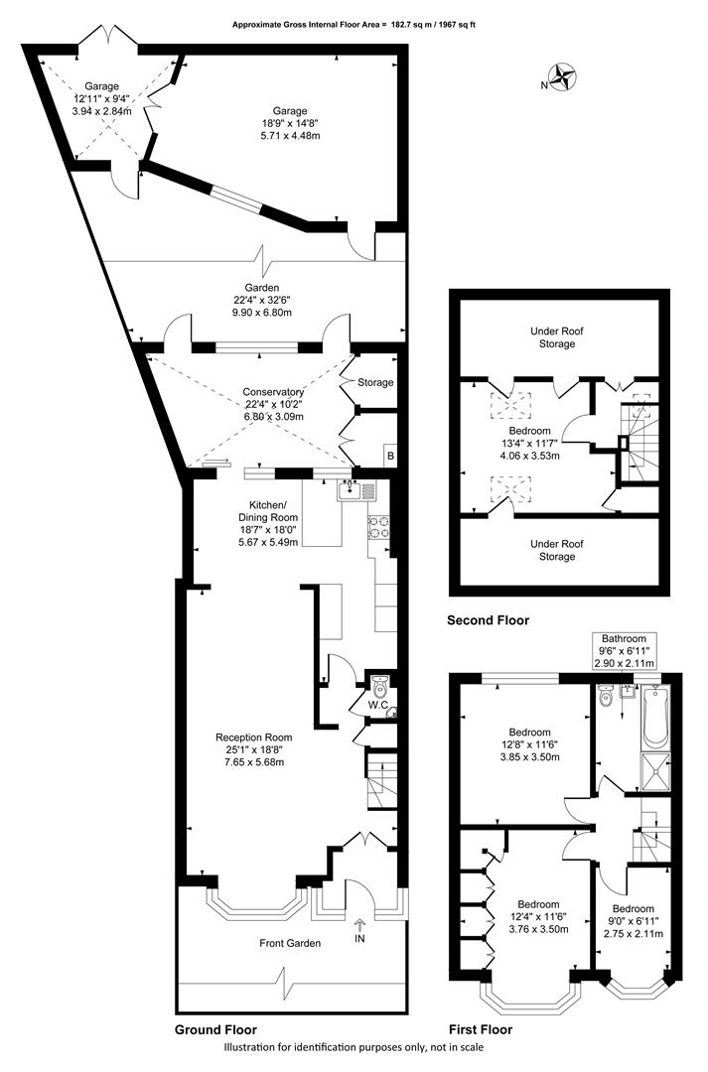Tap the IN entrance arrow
pyautogui.click(x=359, y=926)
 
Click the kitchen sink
pyautogui.click(x=355, y=490)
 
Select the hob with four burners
pyautogui.click(x=379, y=527)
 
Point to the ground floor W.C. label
pyautogui.click(x=378, y=704)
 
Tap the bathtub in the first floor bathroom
pyautogui.click(x=656, y=717)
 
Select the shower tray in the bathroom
pyautogui.click(x=656, y=771)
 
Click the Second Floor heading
pyautogui.click(x=488, y=620)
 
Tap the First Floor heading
pyautogui.click(x=481, y=1029)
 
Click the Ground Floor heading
pyautogui.click(x=216, y=1029)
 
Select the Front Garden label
pyautogui.click(x=290, y=944)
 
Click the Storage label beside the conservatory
pyautogui.click(x=375, y=382)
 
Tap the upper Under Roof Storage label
pyautogui.click(x=557, y=337)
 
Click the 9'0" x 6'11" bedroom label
pyautogui.click(x=633, y=921)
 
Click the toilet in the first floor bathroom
pyautogui.click(x=606, y=697)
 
